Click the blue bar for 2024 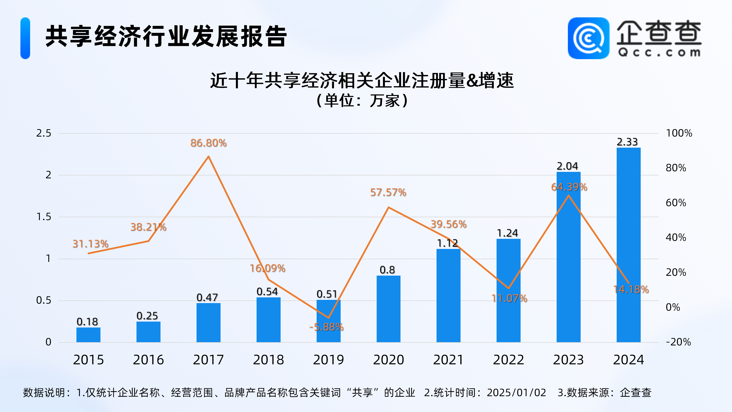[628, 245]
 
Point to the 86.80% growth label [208, 143]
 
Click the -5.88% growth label [327, 327]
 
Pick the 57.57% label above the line [388, 192]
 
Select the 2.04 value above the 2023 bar [567, 166]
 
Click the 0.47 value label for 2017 [207, 297]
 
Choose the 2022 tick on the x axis [508, 360]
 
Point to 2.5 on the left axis [44, 133]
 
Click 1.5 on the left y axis [44, 217]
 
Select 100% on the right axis [679, 133]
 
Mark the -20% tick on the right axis [678, 342]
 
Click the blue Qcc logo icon [588, 38]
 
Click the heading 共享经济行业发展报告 [166, 36]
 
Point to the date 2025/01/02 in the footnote [516, 393]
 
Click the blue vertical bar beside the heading [25, 38]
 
